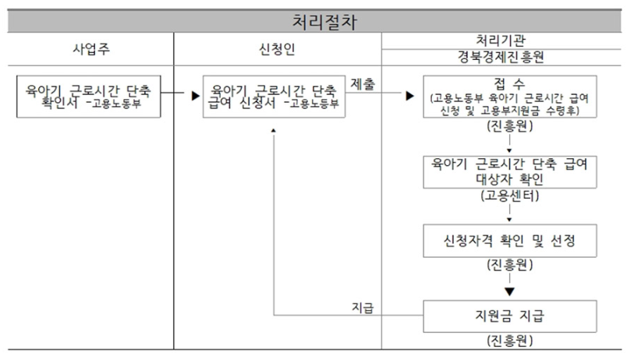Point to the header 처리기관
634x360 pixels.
(507, 40)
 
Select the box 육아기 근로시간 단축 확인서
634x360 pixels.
(89, 97)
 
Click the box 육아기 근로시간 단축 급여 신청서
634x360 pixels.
(274, 97)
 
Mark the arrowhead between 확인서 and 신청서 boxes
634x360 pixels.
(189, 97)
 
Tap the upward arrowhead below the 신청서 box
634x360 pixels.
(274, 129)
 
